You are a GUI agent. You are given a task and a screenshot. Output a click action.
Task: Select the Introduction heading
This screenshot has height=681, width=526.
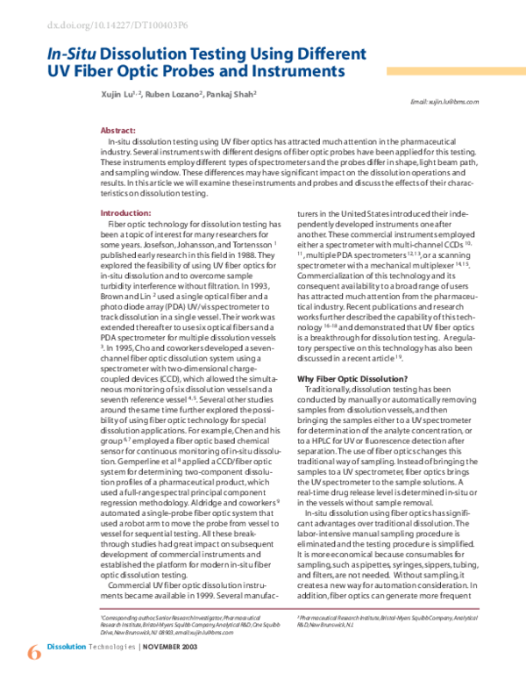tap(125, 213)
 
